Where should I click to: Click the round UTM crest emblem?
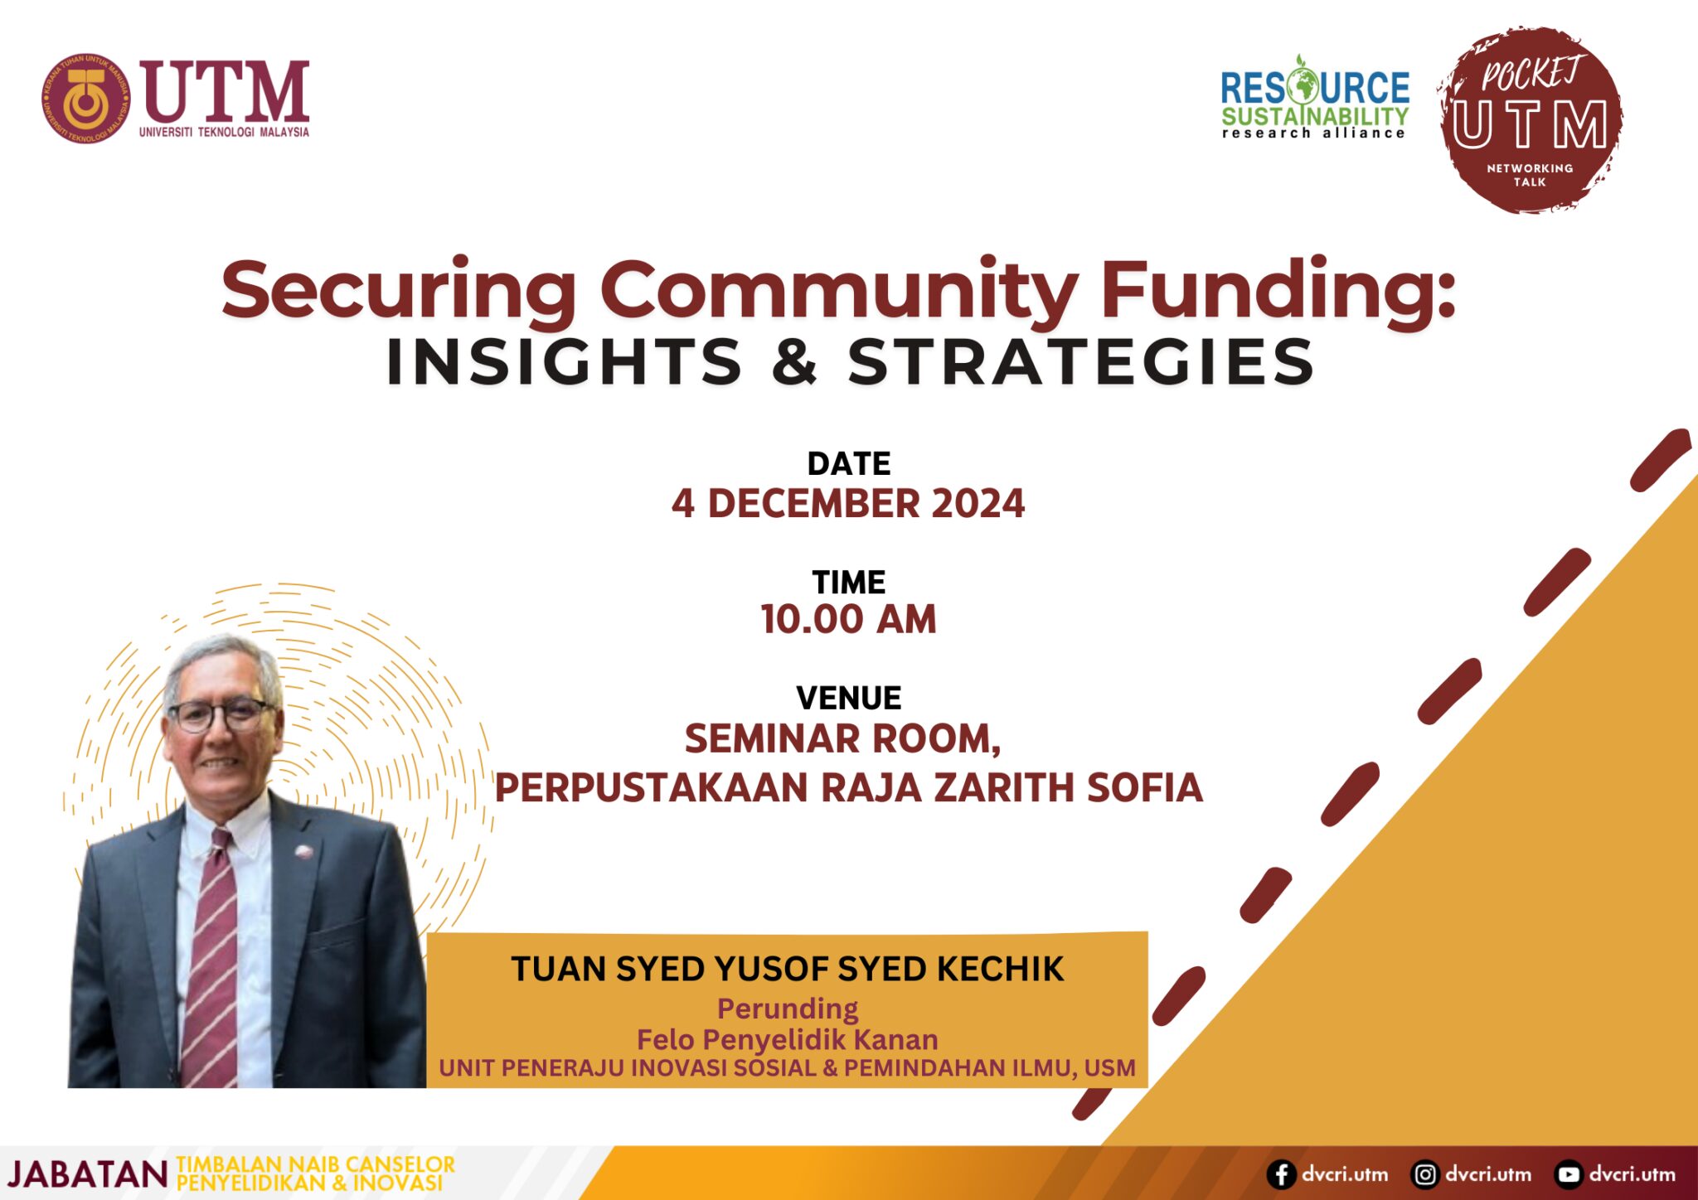click(86, 99)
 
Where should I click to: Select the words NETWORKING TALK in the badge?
click(1530, 175)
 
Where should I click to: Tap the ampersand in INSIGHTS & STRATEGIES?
click(794, 362)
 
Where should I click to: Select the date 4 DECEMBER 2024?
click(848, 504)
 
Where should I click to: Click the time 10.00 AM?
click(848, 619)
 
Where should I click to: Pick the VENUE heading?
click(848, 698)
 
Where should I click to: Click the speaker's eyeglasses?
click(220, 714)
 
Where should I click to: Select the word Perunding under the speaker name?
click(788, 1009)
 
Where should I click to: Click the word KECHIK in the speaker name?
click(1000, 969)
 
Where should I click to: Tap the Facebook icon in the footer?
click(1281, 1174)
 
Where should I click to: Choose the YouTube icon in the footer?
click(1568, 1174)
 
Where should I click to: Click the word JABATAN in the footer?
click(88, 1174)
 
